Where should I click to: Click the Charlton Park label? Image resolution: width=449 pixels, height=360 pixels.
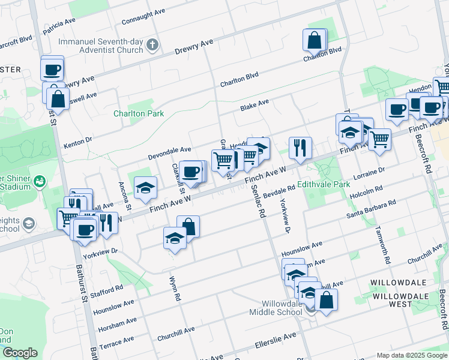[130, 113]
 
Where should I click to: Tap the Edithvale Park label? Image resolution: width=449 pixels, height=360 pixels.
[324, 184]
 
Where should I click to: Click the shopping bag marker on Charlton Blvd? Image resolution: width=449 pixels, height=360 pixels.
[315, 41]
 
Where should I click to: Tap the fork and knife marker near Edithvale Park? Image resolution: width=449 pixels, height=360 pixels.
[300, 148]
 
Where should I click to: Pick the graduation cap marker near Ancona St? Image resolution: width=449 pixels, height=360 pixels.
[145, 188]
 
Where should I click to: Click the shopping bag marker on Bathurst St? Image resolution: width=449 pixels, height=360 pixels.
[58, 98]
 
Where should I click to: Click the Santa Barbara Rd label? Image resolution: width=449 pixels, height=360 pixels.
[371, 209]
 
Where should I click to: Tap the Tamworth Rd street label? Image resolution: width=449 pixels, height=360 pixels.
[382, 245]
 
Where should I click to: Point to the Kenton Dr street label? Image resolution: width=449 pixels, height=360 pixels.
[77, 143]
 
